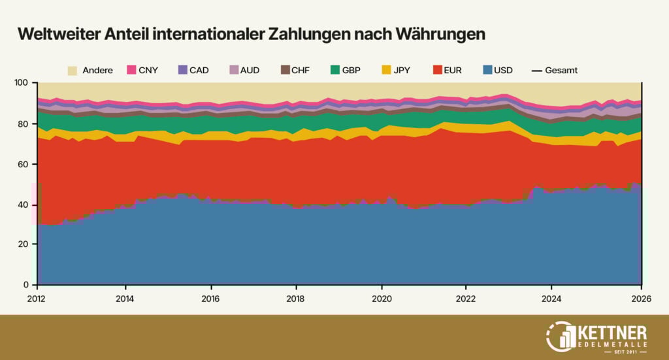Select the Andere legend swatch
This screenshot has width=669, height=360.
(x=73, y=70)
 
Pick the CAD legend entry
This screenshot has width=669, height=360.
(x=193, y=70)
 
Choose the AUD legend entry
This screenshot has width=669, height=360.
(x=243, y=70)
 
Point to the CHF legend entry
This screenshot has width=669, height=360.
(x=293, y=70)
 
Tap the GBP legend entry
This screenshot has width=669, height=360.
(x=344, y=70)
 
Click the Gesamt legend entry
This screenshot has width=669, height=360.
(x=554, y=70)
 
